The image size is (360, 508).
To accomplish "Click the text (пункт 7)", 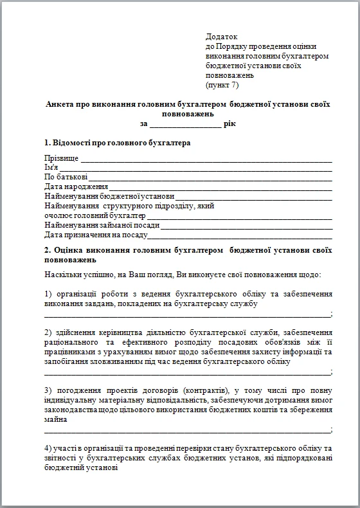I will tap(222, 84).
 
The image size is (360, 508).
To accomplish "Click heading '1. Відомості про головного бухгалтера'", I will tap(117, 142).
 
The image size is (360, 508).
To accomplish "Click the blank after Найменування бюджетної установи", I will tap(253, 197).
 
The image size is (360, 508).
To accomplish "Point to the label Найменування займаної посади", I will tap(102, 226).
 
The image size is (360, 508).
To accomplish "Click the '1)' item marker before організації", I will tap(48, 294).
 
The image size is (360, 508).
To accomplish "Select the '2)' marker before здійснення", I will tap(48, 332).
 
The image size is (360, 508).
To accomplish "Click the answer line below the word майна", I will tap(186, 430).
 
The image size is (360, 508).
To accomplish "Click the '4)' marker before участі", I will tap(48, 448).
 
